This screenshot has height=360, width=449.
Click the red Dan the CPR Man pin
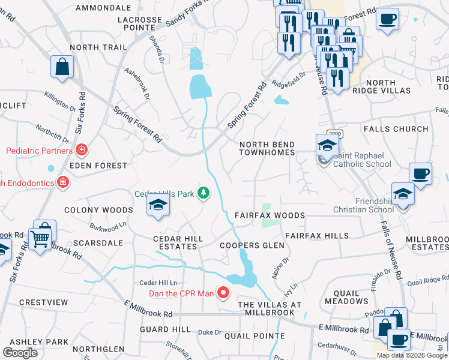[x=223, y=293]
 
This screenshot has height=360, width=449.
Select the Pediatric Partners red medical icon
[x=81, y=150]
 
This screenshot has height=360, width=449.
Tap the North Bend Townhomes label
[x=267, y=149]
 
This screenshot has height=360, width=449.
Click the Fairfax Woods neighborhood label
[x=270, y=215]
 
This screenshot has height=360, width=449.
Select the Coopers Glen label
[x=251, y=245]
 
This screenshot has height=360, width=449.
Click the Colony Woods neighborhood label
[x=98, y=210]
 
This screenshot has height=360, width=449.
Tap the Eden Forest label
[x=98, y=165]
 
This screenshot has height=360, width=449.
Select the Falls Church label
[x=395, y=129]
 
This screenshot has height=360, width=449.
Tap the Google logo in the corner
[x=20, y=353]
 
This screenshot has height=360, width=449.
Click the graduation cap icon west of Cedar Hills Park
[x=158, y=205]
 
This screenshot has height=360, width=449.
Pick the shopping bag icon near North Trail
[x=62, y=67]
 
